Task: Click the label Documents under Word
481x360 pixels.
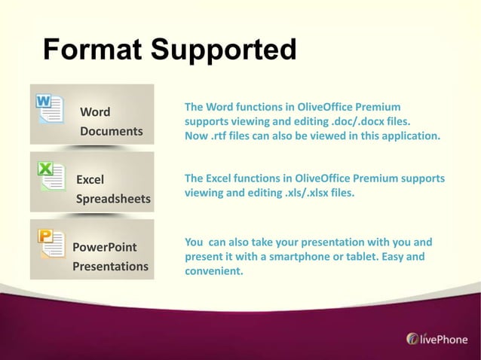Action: pos(112,132)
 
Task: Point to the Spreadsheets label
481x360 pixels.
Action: pos(113,200)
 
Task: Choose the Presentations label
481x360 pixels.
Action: pos(110,267)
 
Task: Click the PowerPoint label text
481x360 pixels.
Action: pos(106,247)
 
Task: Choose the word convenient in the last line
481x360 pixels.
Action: pos(214,271)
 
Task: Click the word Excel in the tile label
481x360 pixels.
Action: pos(90,179)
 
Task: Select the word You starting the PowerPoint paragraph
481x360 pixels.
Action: pos(194,243)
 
